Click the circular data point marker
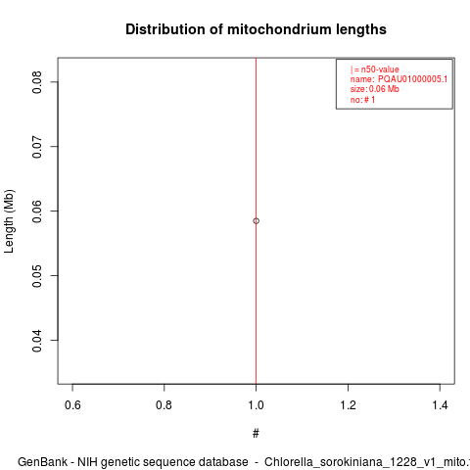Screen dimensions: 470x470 [x=257, y=221]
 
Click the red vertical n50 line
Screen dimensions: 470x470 [x=257, y=221]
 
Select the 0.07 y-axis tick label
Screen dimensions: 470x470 [x=37, y=147]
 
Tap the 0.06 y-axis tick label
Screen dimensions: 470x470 [x=37, y=211]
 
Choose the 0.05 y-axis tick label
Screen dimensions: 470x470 [x=37, y=276]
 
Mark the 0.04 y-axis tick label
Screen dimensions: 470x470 [x=37, y=341]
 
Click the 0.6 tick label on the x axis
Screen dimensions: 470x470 [x=72, y=405]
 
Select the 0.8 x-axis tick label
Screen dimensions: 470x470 [x=164, y=405]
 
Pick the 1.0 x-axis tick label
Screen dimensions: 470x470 [x=257, y=405]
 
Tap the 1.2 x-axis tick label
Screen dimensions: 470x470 [x=349, y=405]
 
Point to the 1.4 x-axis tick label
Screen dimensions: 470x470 [x=440, y=405]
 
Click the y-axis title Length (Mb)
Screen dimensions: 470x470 [x=9, y=221]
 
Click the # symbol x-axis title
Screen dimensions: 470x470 [x=256, y=434]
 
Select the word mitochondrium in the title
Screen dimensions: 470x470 [x=276, y=29]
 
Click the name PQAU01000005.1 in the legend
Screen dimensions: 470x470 [x=412, y=79]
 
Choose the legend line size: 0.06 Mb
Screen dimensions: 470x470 [x=375, y=89]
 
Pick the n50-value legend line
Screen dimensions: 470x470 [x=375, y=70]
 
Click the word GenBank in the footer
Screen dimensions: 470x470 [x=43, y=462]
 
